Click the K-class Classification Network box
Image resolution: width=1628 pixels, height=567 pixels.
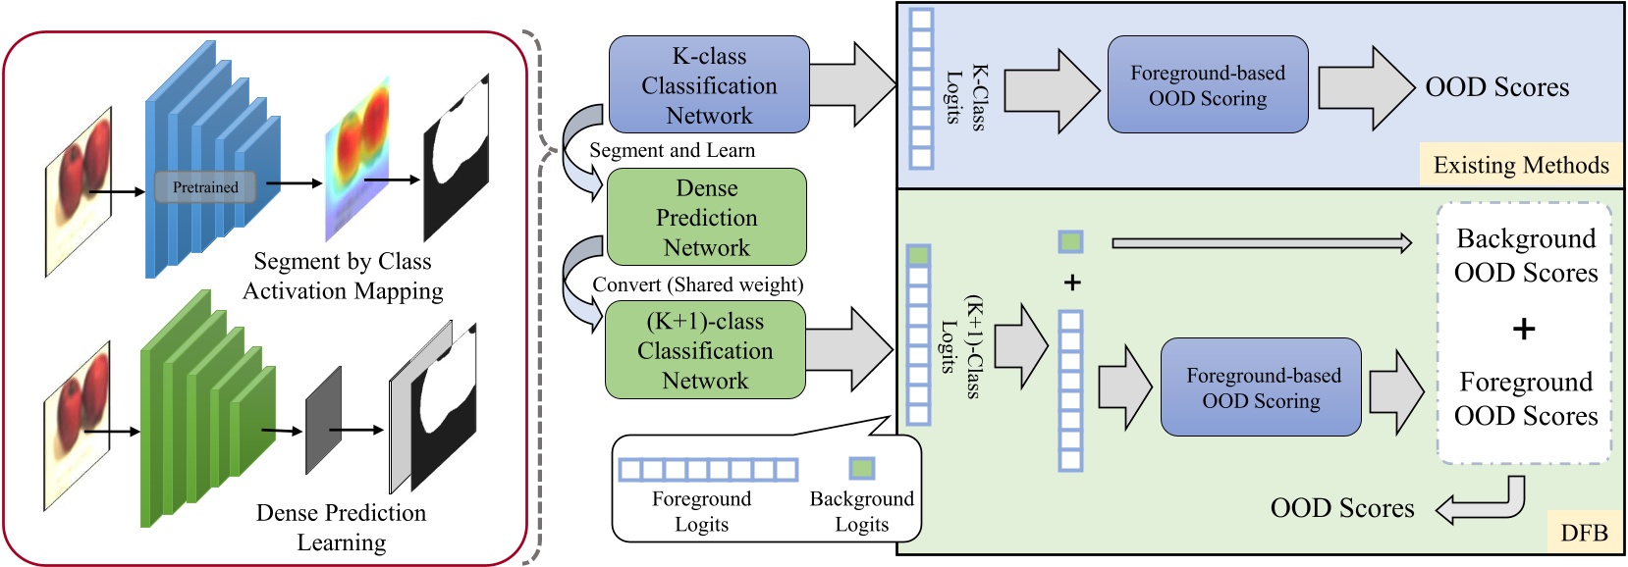(709, 85)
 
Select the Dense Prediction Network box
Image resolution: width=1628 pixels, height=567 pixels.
(707, 217)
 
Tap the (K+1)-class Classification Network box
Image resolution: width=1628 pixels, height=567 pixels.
(705, 350)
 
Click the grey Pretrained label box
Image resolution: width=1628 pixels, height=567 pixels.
(205, 187)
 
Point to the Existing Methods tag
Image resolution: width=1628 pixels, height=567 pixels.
(1520, 165)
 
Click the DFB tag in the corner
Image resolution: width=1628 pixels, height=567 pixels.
(1584, 533)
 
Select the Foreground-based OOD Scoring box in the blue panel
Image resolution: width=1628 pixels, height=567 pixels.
(1207, 85)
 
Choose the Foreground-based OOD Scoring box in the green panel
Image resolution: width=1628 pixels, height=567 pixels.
(1261, 387)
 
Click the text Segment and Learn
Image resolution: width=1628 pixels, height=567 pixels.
(673, 150)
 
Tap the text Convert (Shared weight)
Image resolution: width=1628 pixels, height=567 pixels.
(697, 284)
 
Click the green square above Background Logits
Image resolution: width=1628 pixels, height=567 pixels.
(861, 468)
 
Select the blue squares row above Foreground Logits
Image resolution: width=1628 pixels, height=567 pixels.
(708, 470)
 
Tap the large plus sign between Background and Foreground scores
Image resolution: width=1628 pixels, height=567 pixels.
(1524, 329)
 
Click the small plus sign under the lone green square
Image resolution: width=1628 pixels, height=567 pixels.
(1072, 283)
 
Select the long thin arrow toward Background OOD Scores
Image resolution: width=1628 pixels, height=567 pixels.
(1262, 242)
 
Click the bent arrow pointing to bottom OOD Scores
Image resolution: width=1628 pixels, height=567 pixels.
(1483, 501)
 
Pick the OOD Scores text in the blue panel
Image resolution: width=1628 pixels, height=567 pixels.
(1496, 87)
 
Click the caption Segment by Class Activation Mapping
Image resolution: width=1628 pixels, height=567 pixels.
(343, 276)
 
